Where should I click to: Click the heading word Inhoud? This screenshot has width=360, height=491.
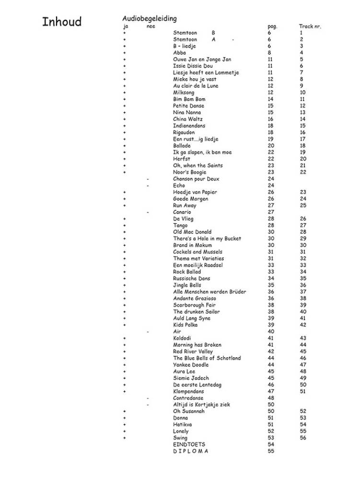(62, 22)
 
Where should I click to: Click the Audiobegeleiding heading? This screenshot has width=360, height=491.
(149, 18)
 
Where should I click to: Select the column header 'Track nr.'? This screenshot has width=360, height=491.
(310, 26)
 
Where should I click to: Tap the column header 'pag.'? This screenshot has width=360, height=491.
(272, 26)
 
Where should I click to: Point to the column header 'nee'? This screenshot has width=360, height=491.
(151, 26)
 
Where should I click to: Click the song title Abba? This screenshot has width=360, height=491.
(179, 53)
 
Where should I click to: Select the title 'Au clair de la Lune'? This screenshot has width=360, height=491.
(196, 86)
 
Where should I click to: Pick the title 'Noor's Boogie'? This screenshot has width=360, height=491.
(189, 172)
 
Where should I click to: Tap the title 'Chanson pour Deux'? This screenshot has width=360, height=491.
(196, 179)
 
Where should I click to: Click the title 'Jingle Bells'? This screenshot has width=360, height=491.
(187, 285)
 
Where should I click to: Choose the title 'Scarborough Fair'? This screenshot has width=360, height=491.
(194, 305)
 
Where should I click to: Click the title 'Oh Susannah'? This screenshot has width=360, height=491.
(189, 411)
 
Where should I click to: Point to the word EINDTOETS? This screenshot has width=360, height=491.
(189, 444)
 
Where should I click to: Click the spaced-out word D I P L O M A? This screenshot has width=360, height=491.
(190, 451)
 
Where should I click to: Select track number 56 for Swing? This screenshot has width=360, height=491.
(302, 438)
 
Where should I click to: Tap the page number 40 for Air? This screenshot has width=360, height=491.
(271, 331)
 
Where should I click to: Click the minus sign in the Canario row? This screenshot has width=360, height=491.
(148, 212)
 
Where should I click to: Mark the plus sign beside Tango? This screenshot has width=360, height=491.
(124, 225)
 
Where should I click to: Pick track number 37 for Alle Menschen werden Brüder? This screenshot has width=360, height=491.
(302, 292)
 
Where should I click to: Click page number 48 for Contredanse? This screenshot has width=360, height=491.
(271, 398)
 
